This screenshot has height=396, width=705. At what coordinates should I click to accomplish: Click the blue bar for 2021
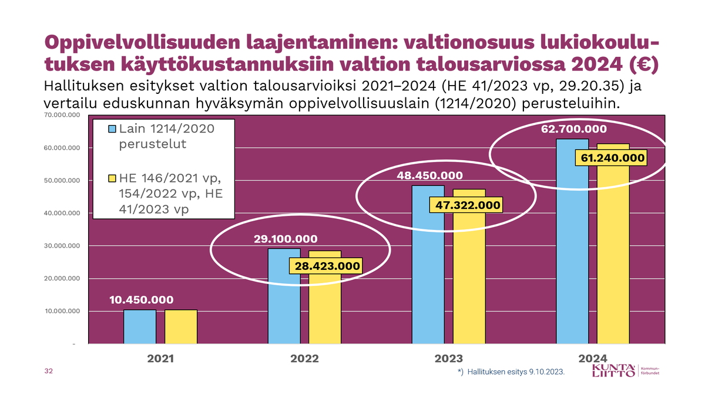140,326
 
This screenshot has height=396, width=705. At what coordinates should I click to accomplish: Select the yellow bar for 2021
180,326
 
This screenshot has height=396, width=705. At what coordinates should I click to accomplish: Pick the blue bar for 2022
284,296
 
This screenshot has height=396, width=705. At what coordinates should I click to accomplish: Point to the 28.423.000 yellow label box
325,266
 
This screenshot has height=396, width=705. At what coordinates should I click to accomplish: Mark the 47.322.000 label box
467,205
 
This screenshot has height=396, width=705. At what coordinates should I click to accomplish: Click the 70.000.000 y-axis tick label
62,115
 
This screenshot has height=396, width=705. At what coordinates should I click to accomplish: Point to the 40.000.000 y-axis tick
62,213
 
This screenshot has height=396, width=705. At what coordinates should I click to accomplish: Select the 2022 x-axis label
304,358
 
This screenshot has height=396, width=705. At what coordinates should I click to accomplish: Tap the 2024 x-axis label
593,358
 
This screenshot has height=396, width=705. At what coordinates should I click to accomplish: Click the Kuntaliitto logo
614,371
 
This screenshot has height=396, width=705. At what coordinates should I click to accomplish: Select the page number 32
49,371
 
